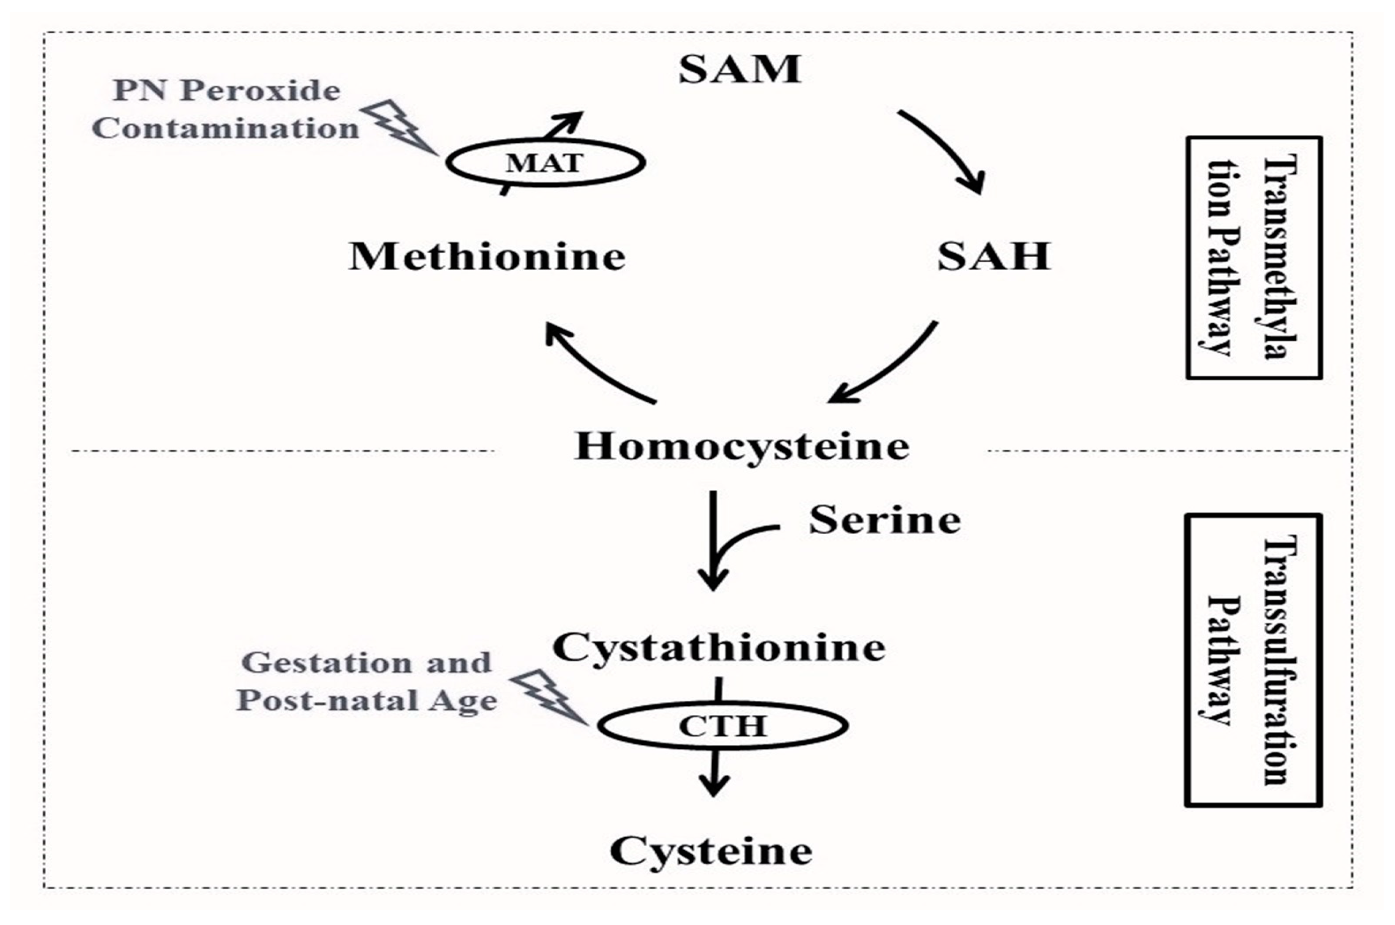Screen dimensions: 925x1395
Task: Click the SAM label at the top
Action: [x=739, y=70]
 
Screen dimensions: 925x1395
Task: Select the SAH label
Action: [x=994, y=257]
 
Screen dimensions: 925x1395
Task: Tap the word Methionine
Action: [x=487, y=257]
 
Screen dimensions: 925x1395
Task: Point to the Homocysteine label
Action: [x=741, y=446]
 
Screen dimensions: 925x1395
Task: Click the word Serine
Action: [x=884, y=521]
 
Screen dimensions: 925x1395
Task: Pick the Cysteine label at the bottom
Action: [x=711, y=851]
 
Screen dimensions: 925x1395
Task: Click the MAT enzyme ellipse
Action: [x=545, y=162]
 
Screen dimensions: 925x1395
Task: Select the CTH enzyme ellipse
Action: [x=722, y=726]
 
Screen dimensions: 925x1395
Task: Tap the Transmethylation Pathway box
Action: [x=1253, y=258]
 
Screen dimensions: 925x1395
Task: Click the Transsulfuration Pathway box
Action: [x=1252, y=659]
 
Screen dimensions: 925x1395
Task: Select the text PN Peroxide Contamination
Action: [x=225, y=110]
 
